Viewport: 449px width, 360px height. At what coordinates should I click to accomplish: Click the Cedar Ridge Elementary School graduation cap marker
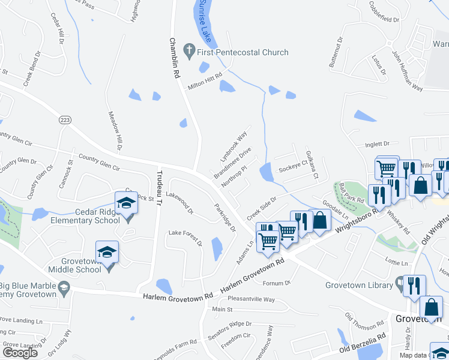click(125, 204)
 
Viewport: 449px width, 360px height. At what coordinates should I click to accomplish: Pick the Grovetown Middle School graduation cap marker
click(107, 252)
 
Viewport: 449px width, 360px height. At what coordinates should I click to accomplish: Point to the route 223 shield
click(64, 120)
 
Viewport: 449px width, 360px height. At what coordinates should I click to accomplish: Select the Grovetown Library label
click(359, 285)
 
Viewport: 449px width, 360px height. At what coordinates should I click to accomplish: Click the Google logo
click(20, 353)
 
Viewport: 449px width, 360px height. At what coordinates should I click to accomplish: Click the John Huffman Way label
click(408, 71)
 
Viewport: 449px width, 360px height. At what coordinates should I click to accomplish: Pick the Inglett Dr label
click(378, 144)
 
